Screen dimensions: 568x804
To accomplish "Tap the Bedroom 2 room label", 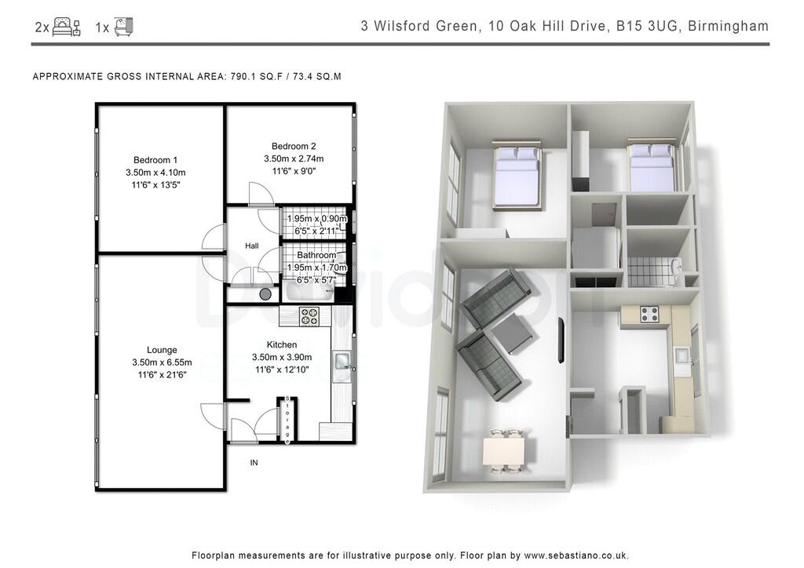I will [x=294, y=146].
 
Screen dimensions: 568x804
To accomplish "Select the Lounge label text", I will [x=161, y=350].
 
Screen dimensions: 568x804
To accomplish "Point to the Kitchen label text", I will [x=282, y=344].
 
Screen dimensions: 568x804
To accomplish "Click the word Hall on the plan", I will [x=251, y=246].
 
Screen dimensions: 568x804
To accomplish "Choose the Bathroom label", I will [x=316, y=255].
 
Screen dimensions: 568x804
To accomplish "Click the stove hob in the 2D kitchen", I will [x=309, y=316].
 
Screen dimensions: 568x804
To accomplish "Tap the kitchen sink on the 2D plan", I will [x=342, y=361].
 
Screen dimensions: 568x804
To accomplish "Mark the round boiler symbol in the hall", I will [x=265, y=294].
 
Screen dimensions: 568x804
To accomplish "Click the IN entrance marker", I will [x=254, y=463].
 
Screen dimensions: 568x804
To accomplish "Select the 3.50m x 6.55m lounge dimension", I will [x=161, y=362].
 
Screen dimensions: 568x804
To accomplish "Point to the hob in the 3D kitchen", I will [x=649, y=315].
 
